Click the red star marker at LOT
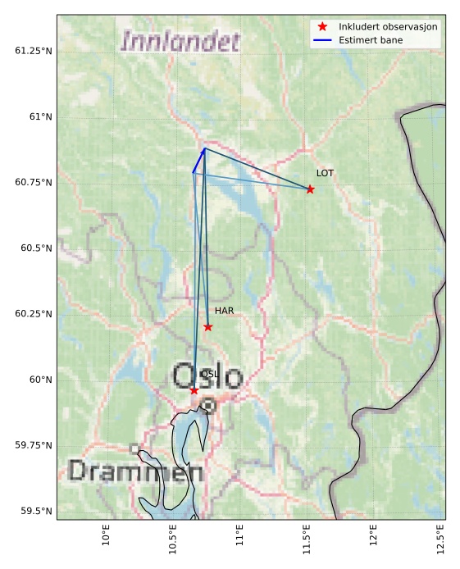[310, 189]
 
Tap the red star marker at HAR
[208, 327]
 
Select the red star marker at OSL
[194, 390]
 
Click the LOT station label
[325, 173]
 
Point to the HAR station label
[224, 311]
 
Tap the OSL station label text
[209, 374]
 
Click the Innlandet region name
[180, 41]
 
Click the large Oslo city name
[207, 377]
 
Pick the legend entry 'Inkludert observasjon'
[388, 26]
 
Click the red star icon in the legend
[322, 26]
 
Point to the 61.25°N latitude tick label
[34, 51]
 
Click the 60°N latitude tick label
[39, 380]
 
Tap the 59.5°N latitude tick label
[34, 511]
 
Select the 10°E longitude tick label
[106, 539]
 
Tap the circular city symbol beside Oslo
[208, 405]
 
